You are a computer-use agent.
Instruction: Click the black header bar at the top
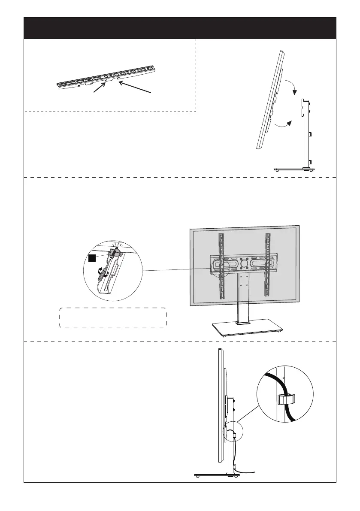point(180,28)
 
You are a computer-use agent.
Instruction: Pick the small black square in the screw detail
point(92,258)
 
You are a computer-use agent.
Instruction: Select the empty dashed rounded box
point(112,318)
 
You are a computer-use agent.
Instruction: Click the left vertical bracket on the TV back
point(221,266)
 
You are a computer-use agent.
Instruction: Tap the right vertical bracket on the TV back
point(268,266)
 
